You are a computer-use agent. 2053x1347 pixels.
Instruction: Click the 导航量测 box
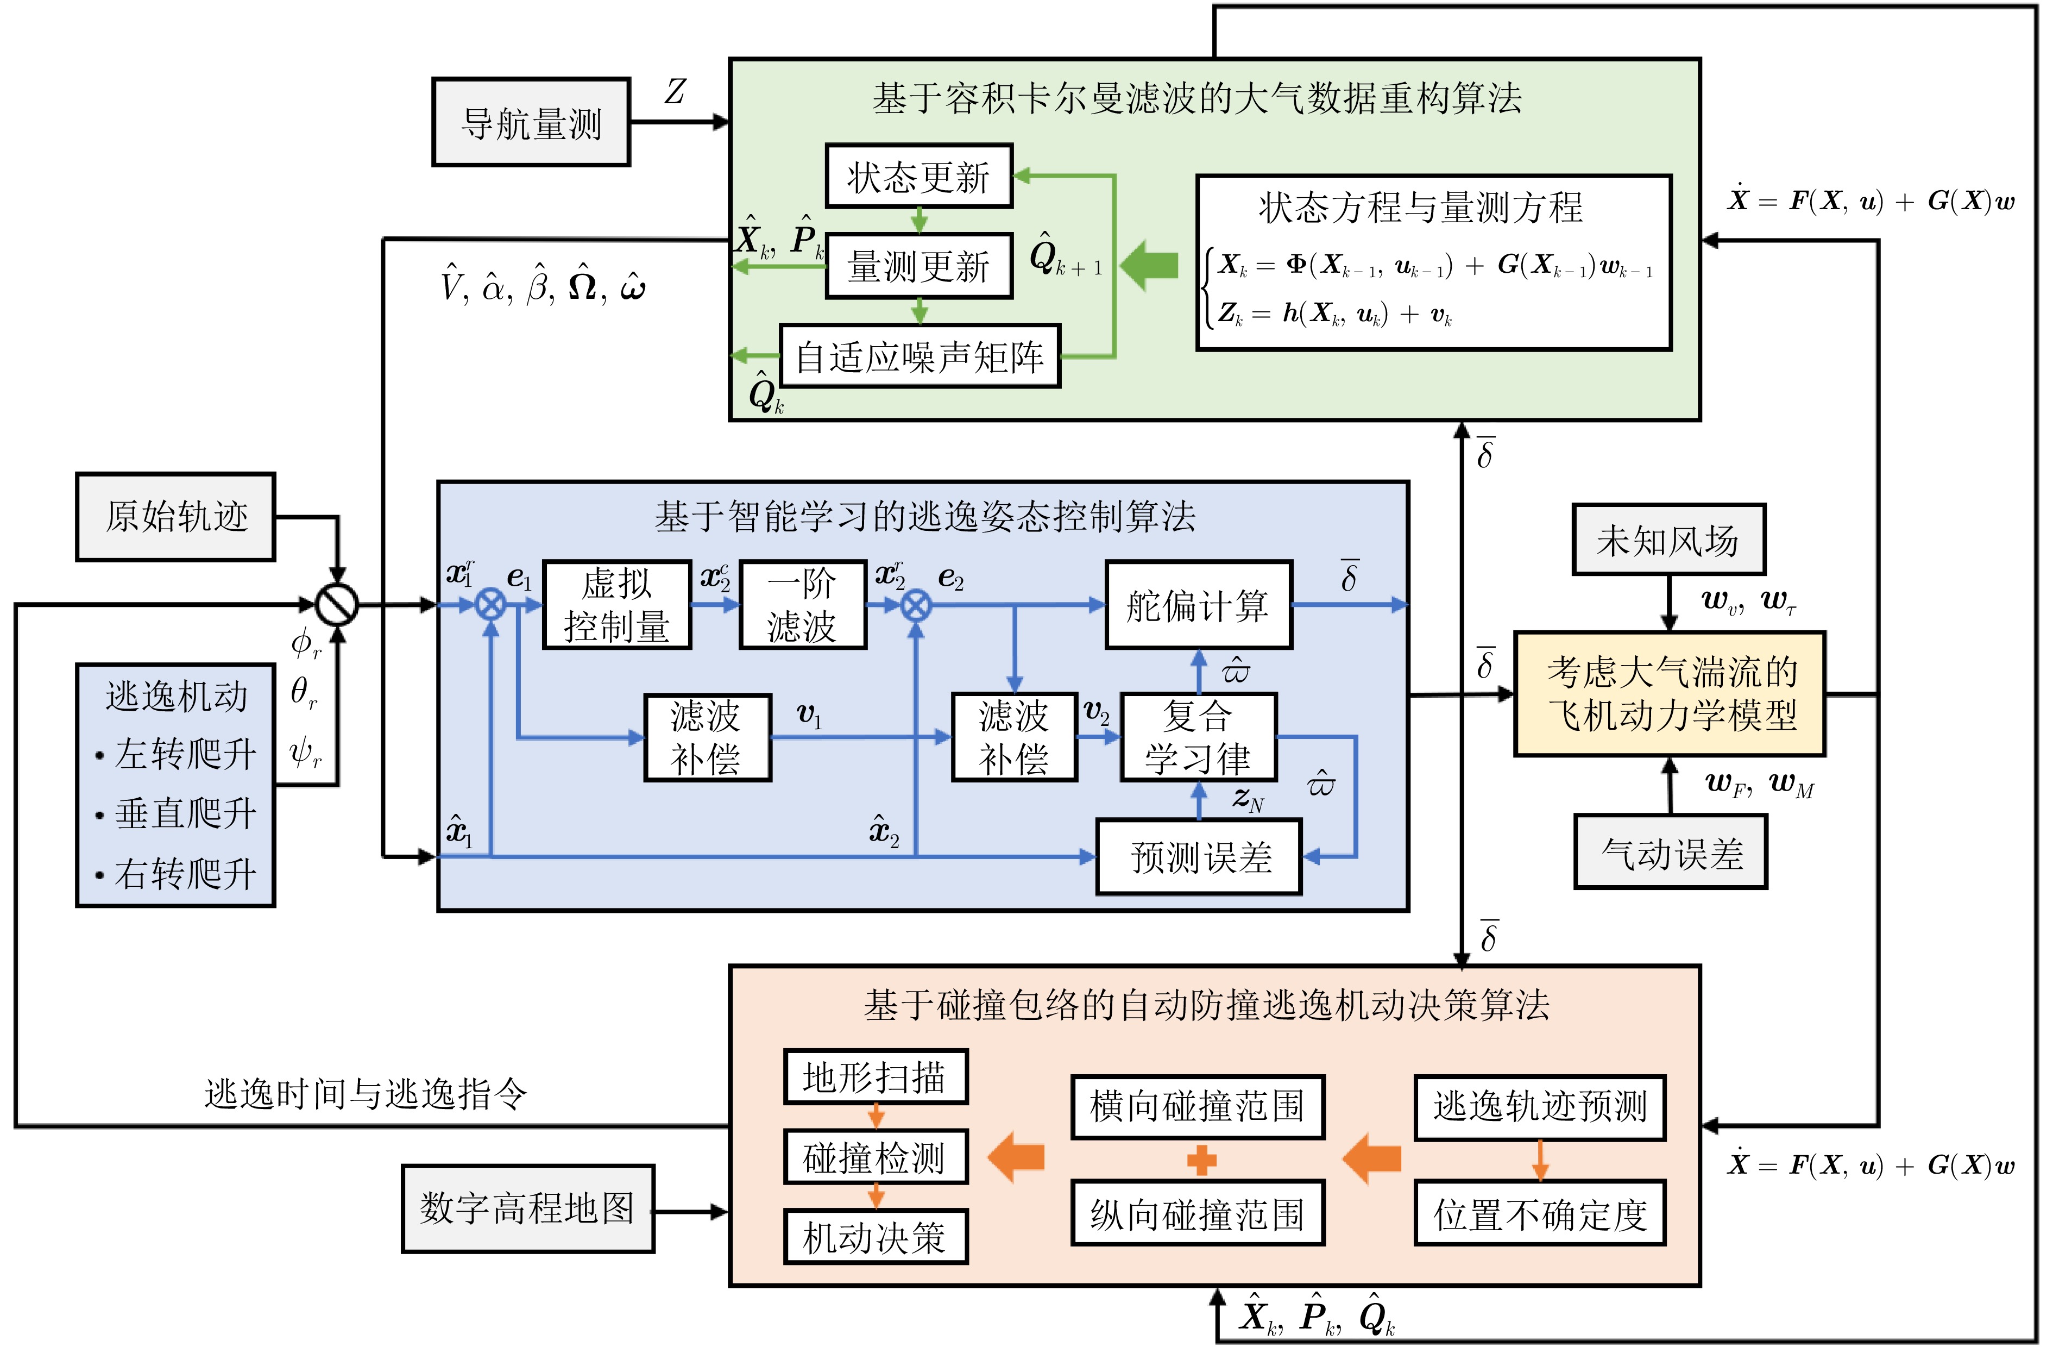point(531,123)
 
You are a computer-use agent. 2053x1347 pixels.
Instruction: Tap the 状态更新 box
point(918,176)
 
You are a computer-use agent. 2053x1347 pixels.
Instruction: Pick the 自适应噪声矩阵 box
point(920,355)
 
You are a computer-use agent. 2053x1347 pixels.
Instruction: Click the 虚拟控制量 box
point(617,605)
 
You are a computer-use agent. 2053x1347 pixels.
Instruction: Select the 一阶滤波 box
point(802,605)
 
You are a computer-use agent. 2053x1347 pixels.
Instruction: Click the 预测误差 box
point(1198,857)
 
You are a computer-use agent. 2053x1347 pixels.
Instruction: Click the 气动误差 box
point(1670,853)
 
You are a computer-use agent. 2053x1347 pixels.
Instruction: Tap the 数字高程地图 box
point(527,1208)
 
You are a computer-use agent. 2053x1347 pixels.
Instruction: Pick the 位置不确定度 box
point(1540,1214)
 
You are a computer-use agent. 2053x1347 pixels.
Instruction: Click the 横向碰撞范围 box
point(1197,1106)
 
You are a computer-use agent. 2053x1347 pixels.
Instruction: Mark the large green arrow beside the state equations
point(1149,264)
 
